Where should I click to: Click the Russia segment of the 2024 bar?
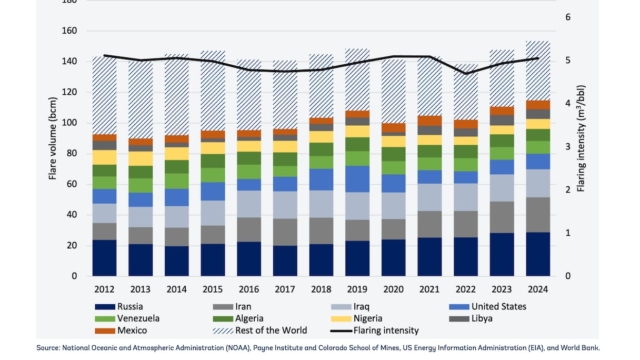point(538,254)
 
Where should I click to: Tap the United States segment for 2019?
point(357,179)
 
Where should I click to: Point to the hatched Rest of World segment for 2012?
point(104,95)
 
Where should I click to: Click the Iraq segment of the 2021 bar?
point(429,197)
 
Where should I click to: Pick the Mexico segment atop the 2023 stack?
point(502,111)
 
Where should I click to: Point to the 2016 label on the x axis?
point(248,289)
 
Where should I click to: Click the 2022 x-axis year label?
point(465,289)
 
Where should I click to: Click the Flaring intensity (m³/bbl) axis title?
point(581,138)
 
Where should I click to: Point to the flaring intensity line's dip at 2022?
point(466,73)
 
